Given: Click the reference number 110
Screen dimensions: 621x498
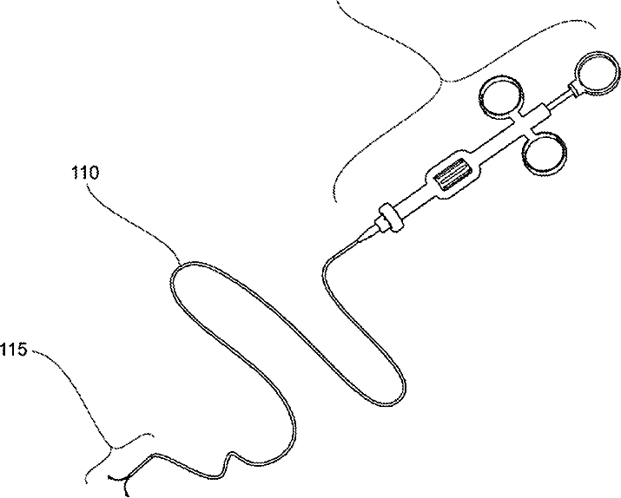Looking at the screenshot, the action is [x=85, y=173].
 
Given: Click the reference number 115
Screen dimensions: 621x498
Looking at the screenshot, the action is [x=16, y=350].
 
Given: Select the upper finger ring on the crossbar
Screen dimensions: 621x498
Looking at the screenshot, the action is [x=500, y=97].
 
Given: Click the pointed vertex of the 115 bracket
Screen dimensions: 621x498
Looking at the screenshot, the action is [x=111, y=446].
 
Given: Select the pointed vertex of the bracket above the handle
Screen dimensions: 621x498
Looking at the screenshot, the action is [x=443, y=81].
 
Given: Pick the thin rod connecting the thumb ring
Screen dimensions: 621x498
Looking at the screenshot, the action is [x=557, y=99].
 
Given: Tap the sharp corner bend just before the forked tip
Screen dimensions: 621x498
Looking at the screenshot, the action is [x=153, y=455].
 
